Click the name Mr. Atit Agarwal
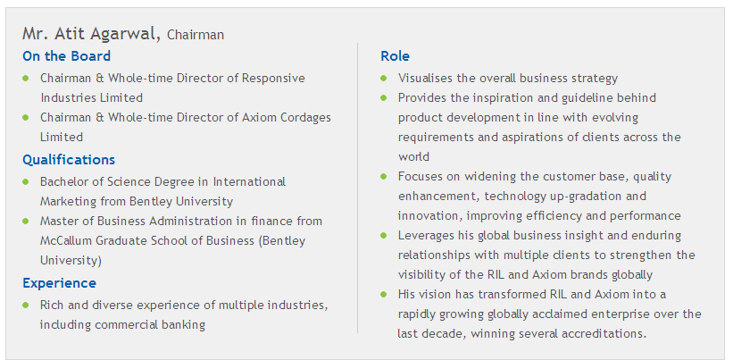[91, 34]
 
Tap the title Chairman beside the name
[196, 35]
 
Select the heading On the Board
[66, 56]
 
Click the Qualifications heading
[69, 160]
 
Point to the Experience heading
[59, 283]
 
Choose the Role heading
[395, 56]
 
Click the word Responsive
[273, 78]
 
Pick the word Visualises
[425, 78]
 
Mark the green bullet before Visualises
[384, 78]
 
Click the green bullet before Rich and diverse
[26, 306]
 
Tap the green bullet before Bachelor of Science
[26, 181]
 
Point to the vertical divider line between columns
[358, 188]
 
